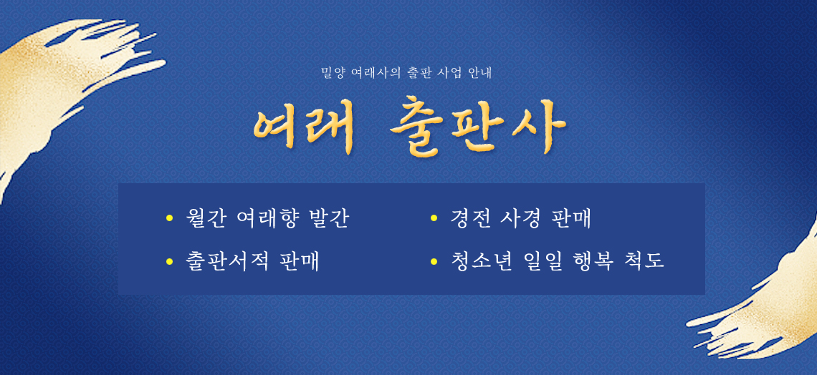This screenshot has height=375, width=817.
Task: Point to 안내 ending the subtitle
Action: click(x=481, y=73)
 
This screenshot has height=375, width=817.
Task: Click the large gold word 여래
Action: click(x=303, y=127)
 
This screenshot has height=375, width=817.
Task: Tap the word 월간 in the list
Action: click(x=206, y=219)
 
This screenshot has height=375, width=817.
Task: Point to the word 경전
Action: click(x=471, y=219)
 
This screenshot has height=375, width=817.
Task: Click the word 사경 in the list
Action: click(x=521, y=219)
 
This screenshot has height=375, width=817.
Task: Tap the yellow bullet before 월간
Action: click(x=169, y=218)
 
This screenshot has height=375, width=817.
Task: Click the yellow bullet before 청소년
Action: click(x=434, y=260)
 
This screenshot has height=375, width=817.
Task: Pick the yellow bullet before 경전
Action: click(x=434, y=218)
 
